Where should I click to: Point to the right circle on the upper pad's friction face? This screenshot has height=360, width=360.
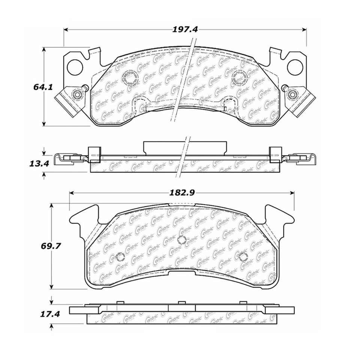pos(238,77)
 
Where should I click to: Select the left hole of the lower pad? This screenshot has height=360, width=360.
pos(120,257)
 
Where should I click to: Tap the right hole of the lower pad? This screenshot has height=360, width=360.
pos(243,257)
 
